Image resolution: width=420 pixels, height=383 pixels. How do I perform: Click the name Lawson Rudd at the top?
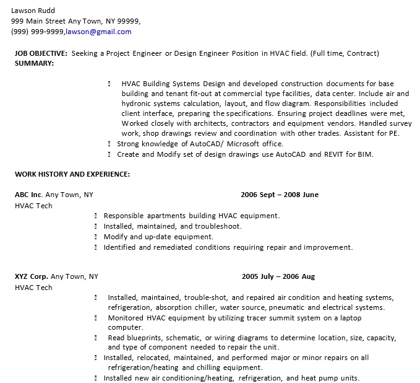32,11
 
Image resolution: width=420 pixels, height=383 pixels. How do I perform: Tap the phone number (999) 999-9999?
37,32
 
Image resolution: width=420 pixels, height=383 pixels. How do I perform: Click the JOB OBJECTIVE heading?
41,53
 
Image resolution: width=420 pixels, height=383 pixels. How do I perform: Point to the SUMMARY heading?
34,63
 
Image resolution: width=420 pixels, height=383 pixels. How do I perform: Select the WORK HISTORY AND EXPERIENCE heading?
72,174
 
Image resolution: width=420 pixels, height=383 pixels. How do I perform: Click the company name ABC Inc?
28,195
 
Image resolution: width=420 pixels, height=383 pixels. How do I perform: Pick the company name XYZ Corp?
31,276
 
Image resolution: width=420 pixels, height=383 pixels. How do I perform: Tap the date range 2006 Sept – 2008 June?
280,195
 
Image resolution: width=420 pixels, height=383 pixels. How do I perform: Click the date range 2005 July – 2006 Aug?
278,276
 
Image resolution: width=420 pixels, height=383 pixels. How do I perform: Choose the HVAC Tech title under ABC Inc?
33,206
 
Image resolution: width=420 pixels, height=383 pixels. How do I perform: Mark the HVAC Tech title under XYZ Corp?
33,288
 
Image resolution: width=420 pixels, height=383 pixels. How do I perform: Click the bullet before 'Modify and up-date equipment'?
96,237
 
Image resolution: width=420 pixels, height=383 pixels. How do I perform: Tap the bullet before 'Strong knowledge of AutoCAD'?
109,144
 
